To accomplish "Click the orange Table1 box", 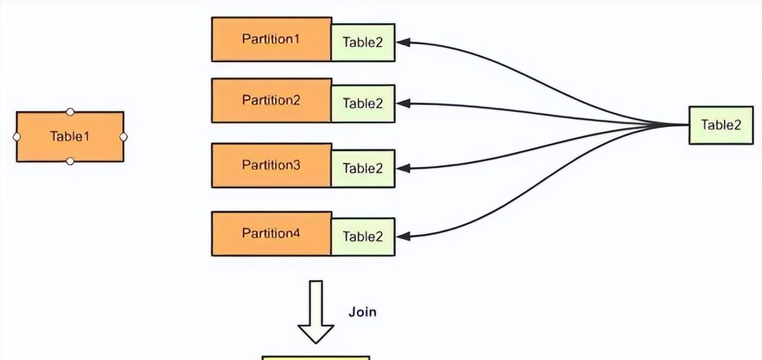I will pos(70,136).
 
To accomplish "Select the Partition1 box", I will pos(271,39).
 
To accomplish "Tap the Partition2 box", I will pos(271,101).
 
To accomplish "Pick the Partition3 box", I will pos(271,165).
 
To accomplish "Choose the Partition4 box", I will pos(271,233).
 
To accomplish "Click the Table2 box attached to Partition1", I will pos(363,42).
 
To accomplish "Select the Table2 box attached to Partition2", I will pos(363,104).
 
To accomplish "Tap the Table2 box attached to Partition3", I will pos(363,168).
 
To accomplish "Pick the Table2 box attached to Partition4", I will pos(363,236).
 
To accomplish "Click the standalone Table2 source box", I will pos(721,125).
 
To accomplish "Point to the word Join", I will pos(362,312).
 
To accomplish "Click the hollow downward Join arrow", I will pos(316,312).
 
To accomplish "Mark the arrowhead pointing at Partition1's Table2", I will pos(403,42).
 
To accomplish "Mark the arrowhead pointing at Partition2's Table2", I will pos(403,104).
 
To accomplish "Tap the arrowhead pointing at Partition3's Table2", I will pos(403,168).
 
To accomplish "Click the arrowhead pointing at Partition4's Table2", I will pos(403,236).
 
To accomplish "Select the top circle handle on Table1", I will pos(70,111).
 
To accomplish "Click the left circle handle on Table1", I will pos(17,136).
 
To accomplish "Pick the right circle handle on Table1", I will pos(123,137).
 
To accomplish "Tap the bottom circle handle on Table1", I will pos(70,161).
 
